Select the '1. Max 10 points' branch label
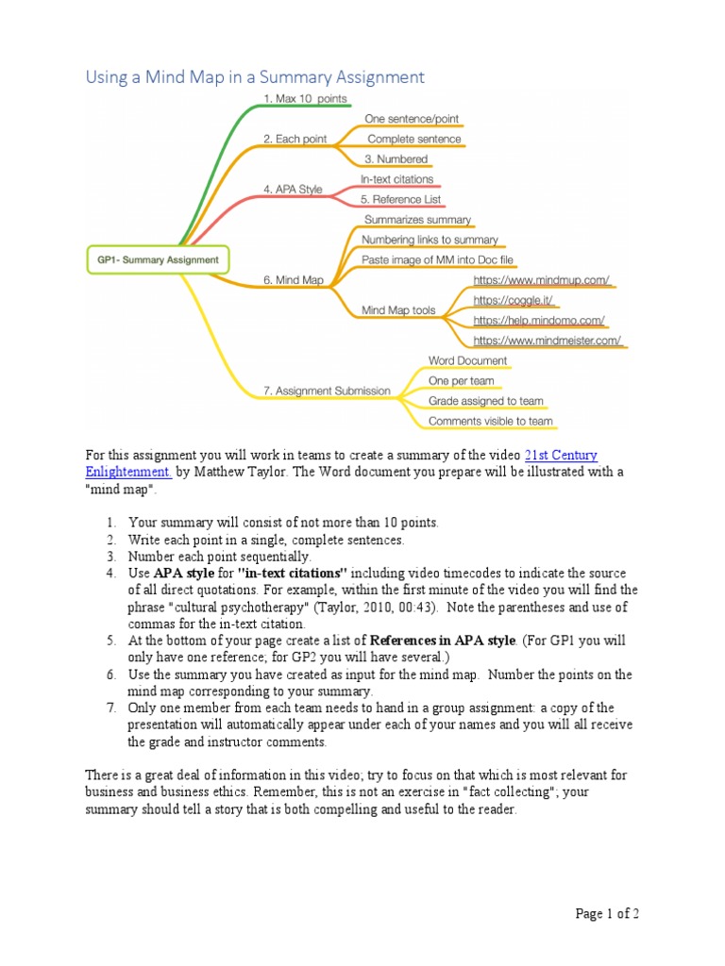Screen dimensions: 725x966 tap(305, 98)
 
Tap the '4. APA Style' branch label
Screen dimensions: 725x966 tap(293, 190)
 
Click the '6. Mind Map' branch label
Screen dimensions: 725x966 tap(294, 280)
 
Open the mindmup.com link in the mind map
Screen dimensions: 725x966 tap(541, 280)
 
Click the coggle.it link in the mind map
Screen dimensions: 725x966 tap(513, 300)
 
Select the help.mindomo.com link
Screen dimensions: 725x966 tap(538, 320)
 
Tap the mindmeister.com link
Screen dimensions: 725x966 tap(547, 341)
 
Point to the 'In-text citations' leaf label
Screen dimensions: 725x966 tap(396, 179)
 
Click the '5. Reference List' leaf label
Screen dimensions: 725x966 tap(400, 200)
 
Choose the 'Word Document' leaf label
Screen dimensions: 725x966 tap(467, 360)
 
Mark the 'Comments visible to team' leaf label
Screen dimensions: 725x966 tap(490, 421)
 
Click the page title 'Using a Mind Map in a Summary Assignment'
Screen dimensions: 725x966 tap(255, 77)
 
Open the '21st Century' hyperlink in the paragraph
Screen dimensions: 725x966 tap(561, 456)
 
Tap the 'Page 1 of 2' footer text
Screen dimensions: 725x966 tap(608, 913)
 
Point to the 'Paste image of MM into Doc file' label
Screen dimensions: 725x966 tap(438, 259)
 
